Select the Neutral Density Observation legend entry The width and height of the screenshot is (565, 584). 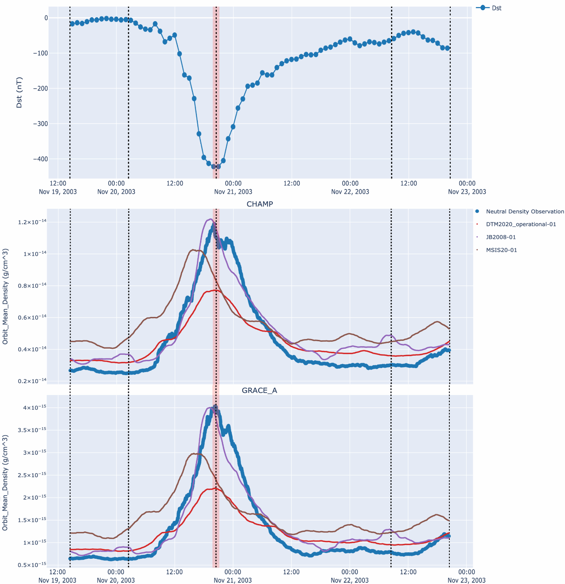[x=524, y=211]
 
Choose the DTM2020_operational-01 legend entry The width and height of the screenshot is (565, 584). [x=521, y=224]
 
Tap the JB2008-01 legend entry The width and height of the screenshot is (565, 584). [x=501, y=237]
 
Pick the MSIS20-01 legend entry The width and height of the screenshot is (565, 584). [x=501, y=250]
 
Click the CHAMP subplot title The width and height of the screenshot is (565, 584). [x=260, y=204]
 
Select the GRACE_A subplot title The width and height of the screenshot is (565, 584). [x=260, y=390]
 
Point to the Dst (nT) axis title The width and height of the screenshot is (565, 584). [x=19, y=92]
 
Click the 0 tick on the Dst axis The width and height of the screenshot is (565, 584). [x=45, y=18]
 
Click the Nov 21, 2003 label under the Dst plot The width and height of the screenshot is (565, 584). [x=233, y=192]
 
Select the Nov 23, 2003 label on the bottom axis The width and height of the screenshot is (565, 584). [x=467, y=580]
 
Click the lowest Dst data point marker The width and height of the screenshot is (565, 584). [x=214, y=166]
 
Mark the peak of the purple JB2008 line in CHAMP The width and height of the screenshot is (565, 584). [x=211, y=219]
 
